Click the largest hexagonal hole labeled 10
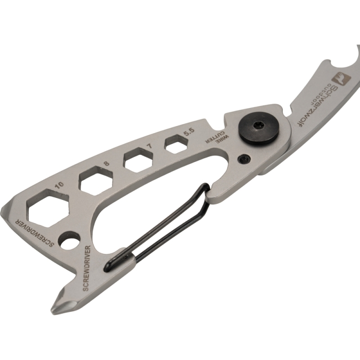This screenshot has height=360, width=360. click(x=48, y=208)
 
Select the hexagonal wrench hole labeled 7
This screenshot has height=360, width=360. click(x=139, y=160)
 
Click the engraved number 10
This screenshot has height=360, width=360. click(x=60, y=185)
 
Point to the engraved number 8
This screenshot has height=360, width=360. click(x=107, y=164)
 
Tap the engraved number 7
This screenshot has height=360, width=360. click(x=151, y=145)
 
